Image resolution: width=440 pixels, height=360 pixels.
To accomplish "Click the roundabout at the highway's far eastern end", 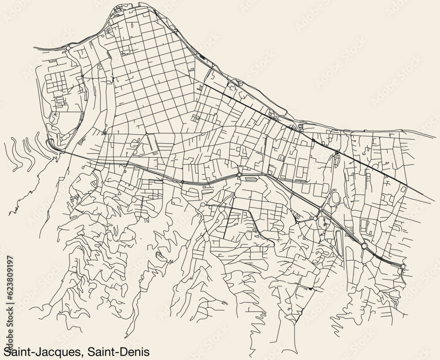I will coord(403,266).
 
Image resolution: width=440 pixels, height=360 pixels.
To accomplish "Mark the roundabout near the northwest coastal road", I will coord(68,47).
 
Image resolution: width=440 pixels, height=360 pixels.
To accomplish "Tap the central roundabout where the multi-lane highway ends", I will coord(238,175).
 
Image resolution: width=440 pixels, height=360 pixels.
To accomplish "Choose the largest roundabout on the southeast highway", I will coord(364,246).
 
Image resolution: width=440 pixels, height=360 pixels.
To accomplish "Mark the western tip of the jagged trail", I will coord(9,214).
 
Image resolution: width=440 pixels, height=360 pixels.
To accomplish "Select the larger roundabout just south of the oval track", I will coord(315,218).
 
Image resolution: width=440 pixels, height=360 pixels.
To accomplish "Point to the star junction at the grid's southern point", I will coord(146,133).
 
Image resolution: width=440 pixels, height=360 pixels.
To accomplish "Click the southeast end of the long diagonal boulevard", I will coord(433,200).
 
